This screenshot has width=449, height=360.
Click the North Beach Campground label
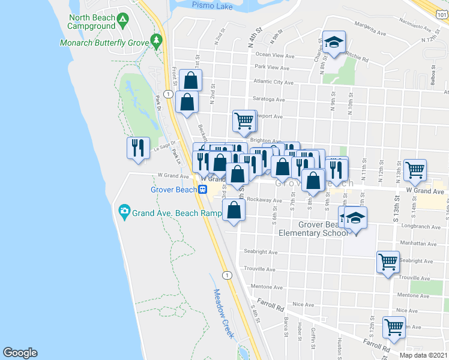(x=91, y=22)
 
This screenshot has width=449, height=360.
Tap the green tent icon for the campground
(x=122, y=20)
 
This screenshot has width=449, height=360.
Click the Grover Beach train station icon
(x=203, y=190)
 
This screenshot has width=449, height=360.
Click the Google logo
(x=20, y=353)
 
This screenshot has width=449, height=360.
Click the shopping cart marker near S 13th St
(x=415, y=170)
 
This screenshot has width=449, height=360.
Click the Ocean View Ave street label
(x=275, y=56)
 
